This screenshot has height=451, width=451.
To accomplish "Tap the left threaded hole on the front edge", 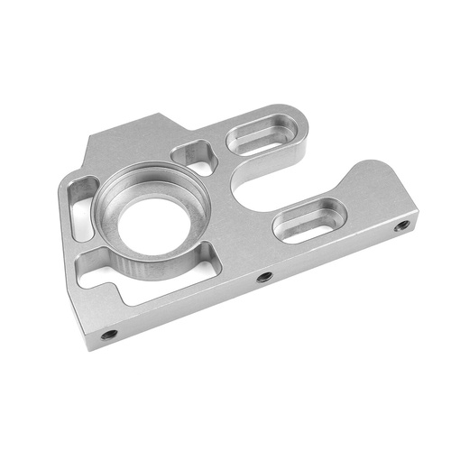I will tap(108, 335).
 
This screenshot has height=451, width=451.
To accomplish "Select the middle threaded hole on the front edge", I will tap(263, 277).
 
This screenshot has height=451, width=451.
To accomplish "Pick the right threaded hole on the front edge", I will tap(401, 225).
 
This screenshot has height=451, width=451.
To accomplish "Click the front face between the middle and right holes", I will tap(334, 253).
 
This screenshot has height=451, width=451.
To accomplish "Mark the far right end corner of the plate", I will tap(417, 216).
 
